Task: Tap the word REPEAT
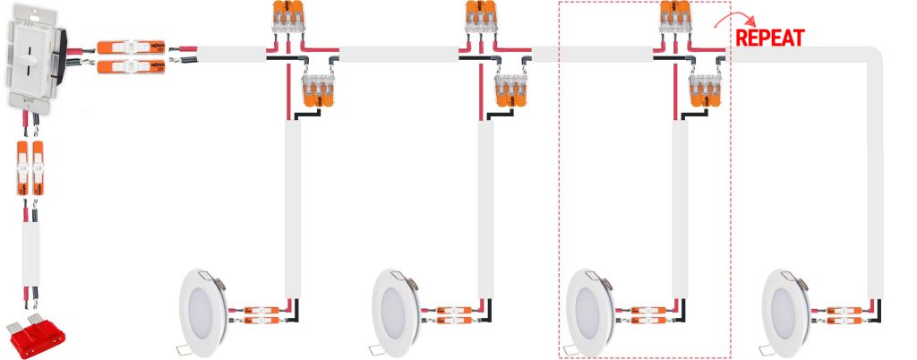pyautogui.click(x=769, y=38)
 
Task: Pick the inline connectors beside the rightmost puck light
pyautogui.click(x=843, y=314)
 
